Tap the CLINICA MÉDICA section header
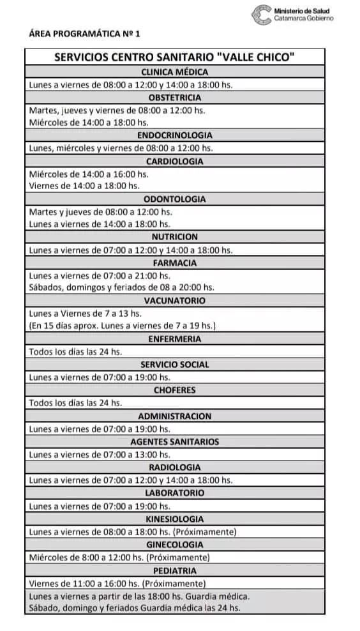174,72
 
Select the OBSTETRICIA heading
174,98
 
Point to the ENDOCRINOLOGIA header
174,135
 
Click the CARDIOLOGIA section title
174,161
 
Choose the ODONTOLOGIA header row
174,199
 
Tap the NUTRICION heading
174,237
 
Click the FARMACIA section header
174,262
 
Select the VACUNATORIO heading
174,300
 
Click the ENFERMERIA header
174,338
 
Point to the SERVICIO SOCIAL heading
174,364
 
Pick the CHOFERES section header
174,390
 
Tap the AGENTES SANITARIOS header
174,441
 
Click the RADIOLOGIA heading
174,467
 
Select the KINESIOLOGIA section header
174,519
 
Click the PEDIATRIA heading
174,570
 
